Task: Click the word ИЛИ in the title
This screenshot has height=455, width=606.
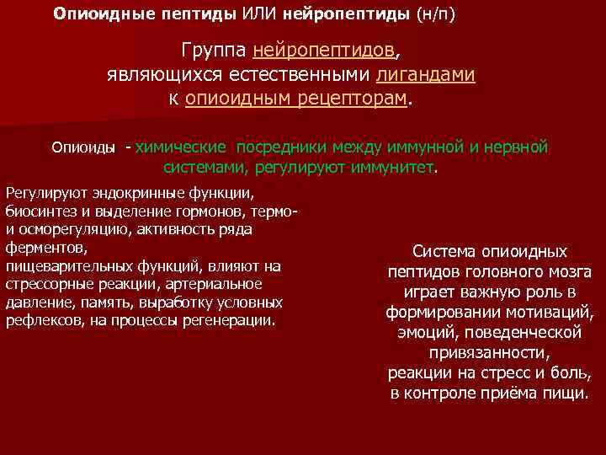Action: coord(261,14)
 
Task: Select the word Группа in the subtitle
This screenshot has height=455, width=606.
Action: coord(215,49)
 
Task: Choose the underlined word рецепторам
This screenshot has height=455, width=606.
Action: coord(352,98)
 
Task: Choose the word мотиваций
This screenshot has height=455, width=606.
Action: coord(553,313)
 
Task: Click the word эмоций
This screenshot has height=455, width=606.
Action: coord(423,333)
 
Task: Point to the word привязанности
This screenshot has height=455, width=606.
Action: coord(489,353)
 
